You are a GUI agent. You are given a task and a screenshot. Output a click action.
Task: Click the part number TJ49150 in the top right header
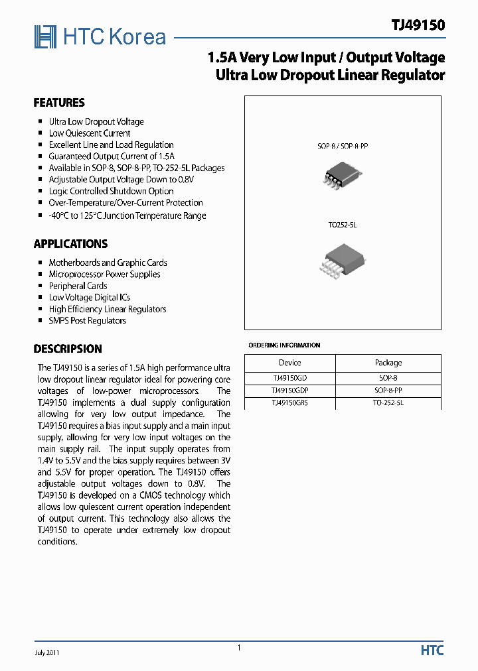(418, 25)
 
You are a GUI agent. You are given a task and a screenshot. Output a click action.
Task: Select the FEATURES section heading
(59, 103)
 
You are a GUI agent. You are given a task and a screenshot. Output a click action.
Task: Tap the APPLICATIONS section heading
(70, 244)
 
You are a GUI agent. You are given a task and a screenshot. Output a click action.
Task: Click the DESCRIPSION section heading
(68, 349)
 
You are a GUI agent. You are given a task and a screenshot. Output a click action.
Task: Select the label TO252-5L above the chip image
(342, 225)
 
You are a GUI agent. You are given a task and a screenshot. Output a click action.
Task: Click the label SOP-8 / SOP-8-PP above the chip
(342, 145)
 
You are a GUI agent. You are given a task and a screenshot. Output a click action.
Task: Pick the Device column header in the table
(289, 363)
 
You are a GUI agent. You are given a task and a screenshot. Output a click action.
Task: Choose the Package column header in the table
(388, 363)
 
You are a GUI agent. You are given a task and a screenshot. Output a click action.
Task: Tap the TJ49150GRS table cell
(289, 402)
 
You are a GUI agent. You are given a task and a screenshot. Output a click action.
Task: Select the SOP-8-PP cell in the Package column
(388, 391)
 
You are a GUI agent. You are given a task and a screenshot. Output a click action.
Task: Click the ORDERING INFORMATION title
(284, 345)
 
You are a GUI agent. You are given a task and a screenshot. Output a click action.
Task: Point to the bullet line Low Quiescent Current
(90, 133)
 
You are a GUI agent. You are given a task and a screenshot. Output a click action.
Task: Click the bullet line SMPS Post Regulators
(87, 321)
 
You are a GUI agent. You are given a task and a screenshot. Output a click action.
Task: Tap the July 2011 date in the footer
(47, 652)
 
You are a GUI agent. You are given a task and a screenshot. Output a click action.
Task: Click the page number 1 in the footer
(239, 648)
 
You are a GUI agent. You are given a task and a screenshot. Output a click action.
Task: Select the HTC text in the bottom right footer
(432, 651)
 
